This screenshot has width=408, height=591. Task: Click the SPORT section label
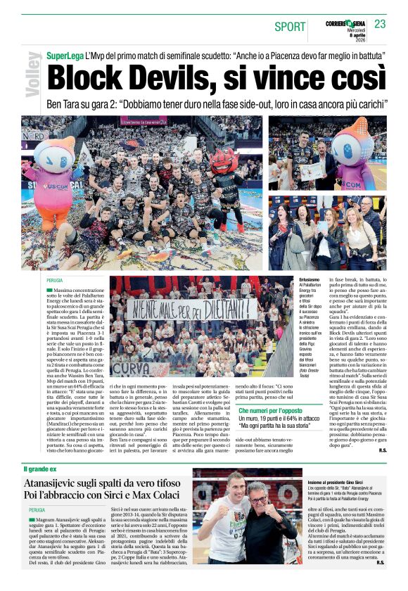coord(291,27)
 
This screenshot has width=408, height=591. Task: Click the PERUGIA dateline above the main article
coord(55,279)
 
